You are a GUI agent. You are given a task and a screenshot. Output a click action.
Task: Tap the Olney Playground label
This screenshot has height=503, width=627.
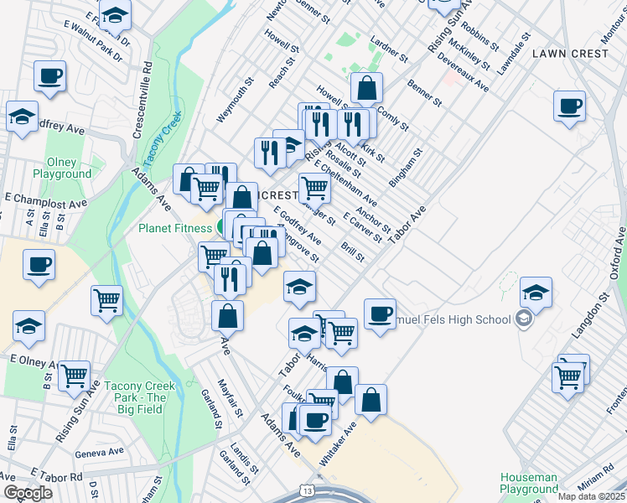pos(62,169)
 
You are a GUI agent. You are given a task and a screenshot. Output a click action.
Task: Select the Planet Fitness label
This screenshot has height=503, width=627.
pos(176,228)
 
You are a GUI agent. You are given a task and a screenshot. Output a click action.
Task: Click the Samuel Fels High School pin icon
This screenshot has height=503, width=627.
pos(524,319)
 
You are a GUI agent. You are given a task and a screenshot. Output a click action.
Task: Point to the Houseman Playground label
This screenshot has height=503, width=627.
pos(528,483)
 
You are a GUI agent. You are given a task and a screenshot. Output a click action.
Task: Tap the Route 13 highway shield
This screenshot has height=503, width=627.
pos(309,490)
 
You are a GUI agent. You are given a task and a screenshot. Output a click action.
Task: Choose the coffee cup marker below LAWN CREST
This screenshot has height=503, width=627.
pos(569,107)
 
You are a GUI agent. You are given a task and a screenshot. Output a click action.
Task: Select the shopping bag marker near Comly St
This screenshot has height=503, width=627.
pos(367,88)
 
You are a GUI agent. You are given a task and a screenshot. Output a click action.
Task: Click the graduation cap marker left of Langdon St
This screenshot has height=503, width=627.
pos(536,293)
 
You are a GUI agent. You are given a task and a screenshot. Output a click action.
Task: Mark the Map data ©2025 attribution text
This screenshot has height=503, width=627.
pos(592,496)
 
